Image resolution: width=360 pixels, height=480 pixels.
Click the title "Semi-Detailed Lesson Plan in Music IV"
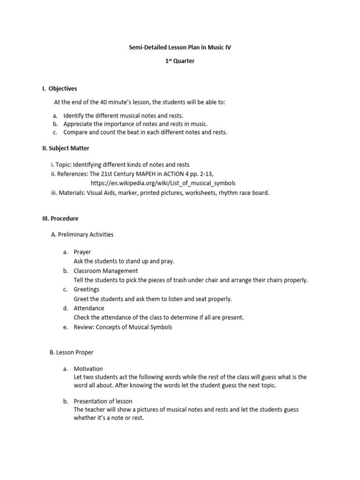[180, 47]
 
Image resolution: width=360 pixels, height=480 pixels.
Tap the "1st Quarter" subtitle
[180, 61]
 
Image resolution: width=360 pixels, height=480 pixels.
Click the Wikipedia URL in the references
[163, 183]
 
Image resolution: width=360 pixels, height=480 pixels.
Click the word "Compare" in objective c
[76, 132]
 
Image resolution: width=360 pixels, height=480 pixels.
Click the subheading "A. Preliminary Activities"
[82, 234]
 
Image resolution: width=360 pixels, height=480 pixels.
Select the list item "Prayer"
[82, 252]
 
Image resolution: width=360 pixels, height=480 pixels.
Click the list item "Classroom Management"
[105, 270]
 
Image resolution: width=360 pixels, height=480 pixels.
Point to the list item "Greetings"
[86, 289]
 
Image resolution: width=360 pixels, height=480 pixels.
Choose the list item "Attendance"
[89, 308]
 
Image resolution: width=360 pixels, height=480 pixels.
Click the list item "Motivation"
[88, 369]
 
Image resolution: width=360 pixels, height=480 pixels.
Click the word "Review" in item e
[83, 327]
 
